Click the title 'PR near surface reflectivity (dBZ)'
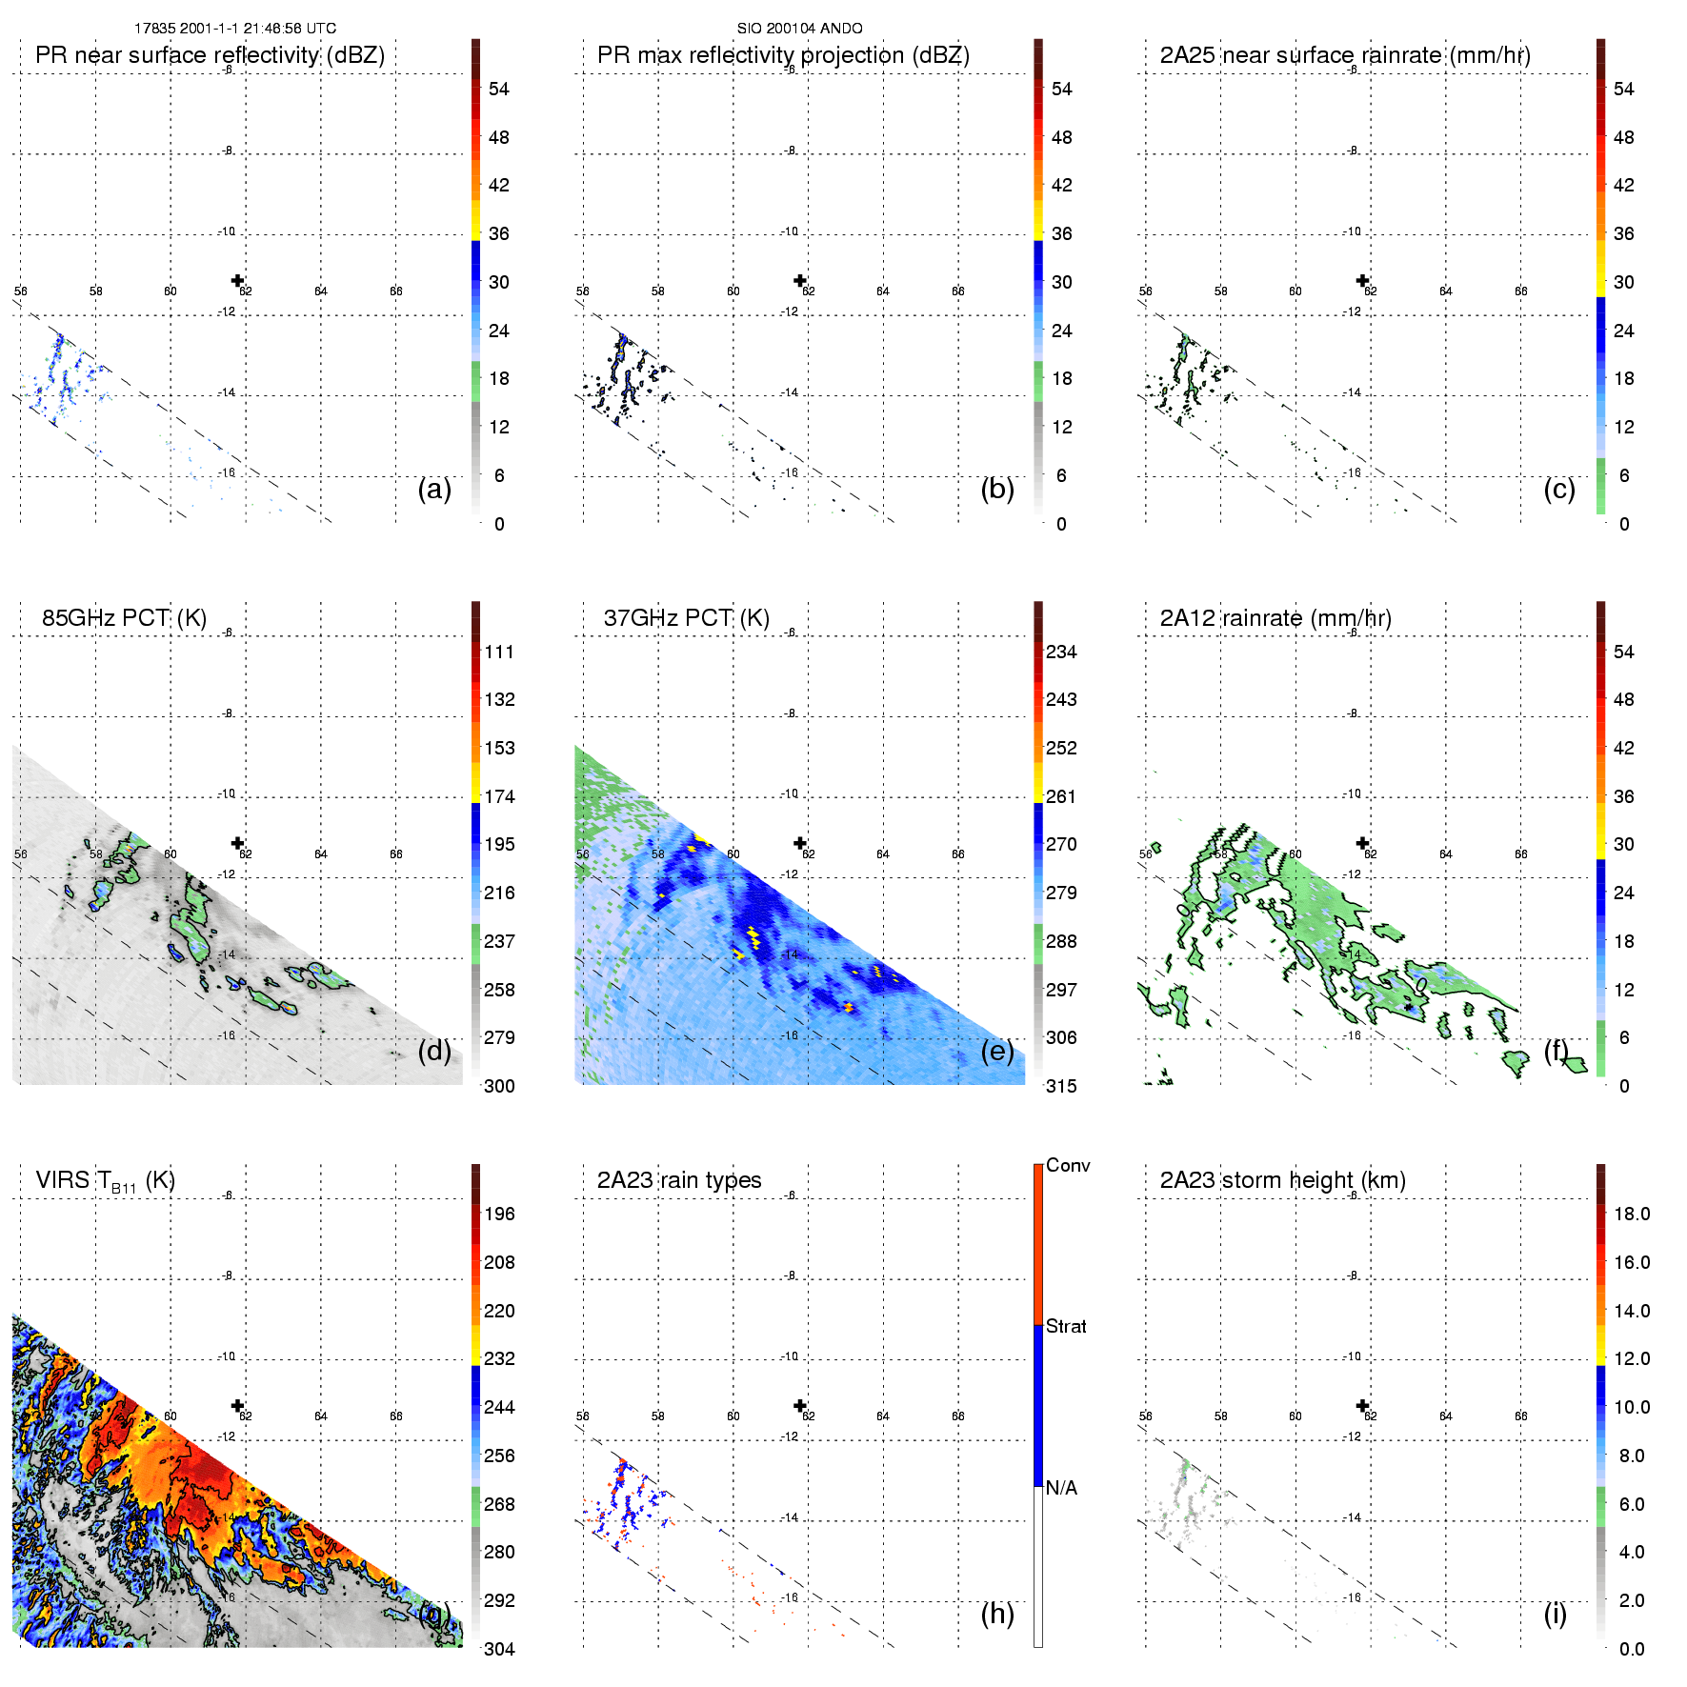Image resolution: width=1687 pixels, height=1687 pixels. click(x=210, y=55)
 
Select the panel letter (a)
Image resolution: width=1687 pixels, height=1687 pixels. click(x=434, y=489)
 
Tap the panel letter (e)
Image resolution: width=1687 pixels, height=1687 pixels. click(x=997, y=1051)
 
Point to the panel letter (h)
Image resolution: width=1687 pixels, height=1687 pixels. click(x=997, y=1613)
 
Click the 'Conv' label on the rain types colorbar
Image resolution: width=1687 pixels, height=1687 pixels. click(x=1068, y=1165)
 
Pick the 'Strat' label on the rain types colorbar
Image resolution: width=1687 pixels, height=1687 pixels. click(x=1066, y=1326)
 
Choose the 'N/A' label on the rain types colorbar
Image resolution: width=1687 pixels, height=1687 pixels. click(x=1061, y=1488)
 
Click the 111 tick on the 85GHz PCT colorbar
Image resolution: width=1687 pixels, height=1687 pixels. click(x=499, y=652)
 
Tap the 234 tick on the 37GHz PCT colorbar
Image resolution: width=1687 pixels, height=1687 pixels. click(x=1061, y=652)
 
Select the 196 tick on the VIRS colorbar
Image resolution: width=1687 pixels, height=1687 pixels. click(x=499, y=1214)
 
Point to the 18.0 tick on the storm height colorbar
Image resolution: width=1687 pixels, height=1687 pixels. click(x=1632, y=1214)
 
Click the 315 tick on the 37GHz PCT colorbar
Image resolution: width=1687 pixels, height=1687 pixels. click(x=1061, y=1086)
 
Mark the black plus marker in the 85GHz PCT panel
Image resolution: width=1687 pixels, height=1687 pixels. click(x=238, y=843)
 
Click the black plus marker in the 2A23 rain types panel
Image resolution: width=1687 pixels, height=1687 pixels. click(x=800, y=1405)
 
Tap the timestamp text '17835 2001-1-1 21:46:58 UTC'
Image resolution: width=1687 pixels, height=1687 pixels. click(x=235, y=29)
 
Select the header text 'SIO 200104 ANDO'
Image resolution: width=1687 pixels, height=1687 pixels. click(x=799, y=29)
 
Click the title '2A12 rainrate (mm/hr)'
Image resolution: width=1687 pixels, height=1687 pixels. click(x=1275, y=618)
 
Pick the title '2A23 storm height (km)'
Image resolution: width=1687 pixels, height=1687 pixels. click(x=1282, y=1180)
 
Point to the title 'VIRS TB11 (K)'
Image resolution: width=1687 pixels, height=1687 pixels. click(x=105, y=1180)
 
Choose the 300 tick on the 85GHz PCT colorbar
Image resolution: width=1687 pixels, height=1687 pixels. click(x=499, y=1086)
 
